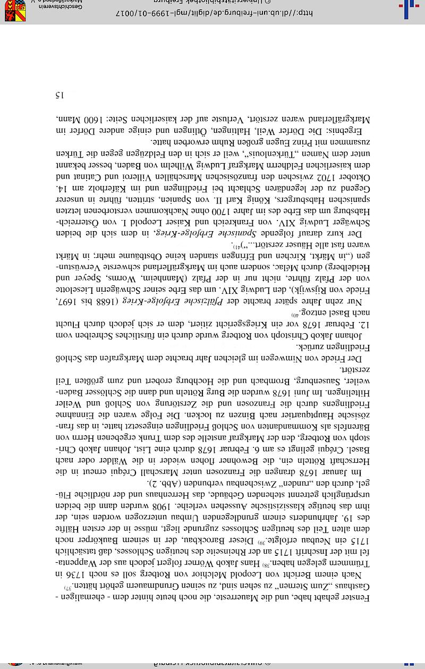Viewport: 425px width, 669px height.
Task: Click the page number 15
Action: coord(59,95)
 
